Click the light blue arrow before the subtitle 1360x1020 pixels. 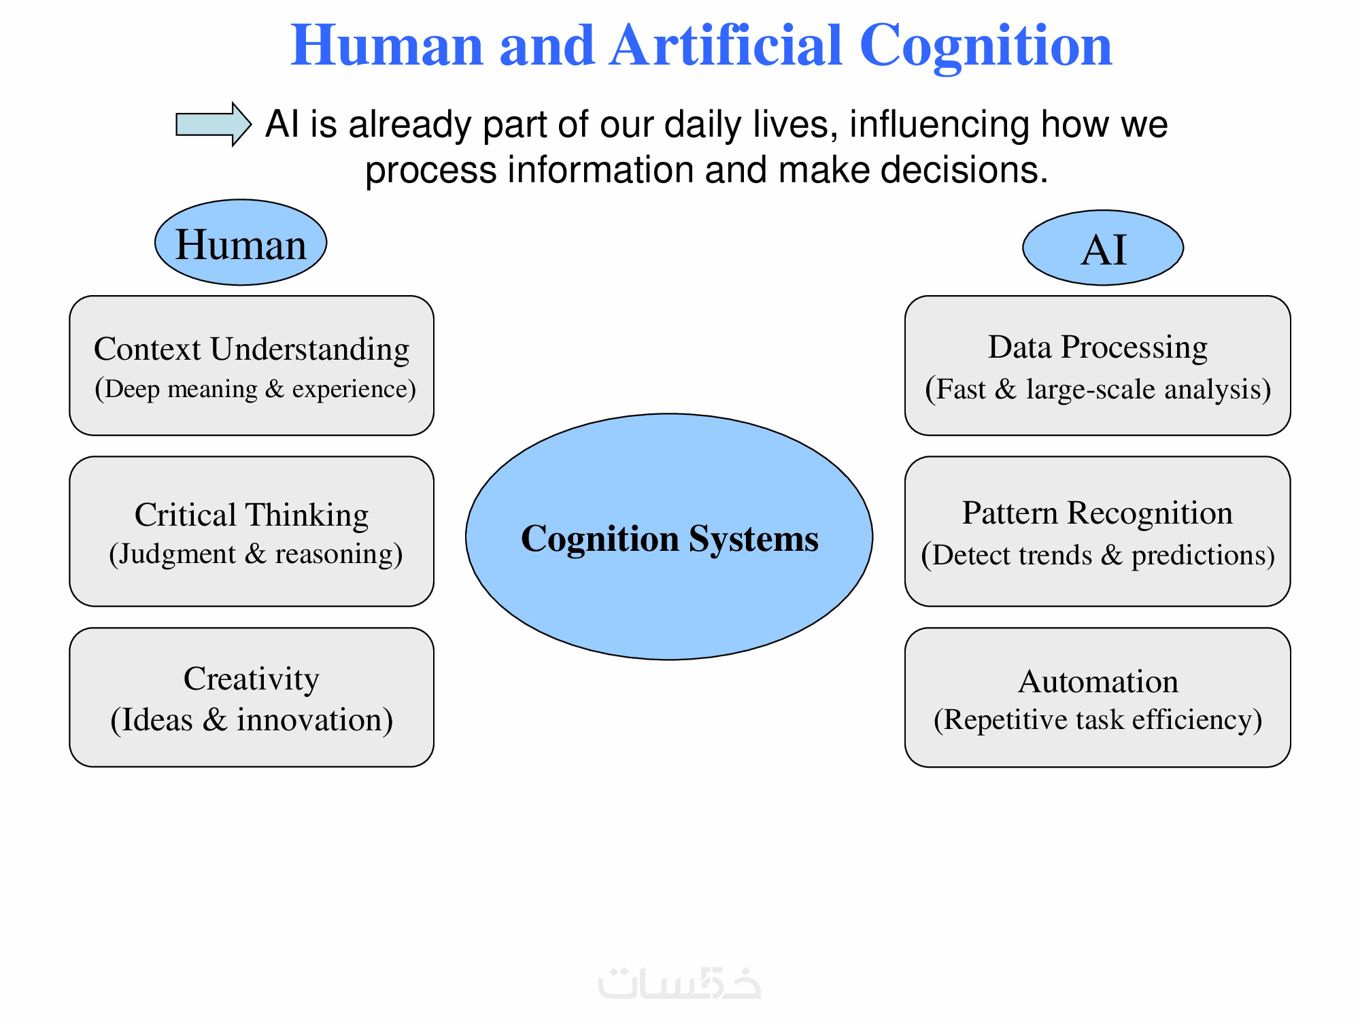click(x=213, y=124)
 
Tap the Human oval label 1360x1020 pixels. click(x=241, y=243)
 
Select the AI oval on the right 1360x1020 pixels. click(x=1103, y=248)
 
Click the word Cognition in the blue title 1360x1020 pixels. click(x=985, y=46)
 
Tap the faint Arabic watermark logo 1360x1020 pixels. click(x=679, y=983)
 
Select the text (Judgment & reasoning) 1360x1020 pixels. click(x=256, y=554)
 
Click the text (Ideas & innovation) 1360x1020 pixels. click(x=252, y=720)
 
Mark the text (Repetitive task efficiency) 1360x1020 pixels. click(x=1098, y=720)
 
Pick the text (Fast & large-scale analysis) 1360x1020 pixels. click(x=1098, y=390)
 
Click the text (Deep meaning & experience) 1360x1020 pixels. click(x=255, y=389)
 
